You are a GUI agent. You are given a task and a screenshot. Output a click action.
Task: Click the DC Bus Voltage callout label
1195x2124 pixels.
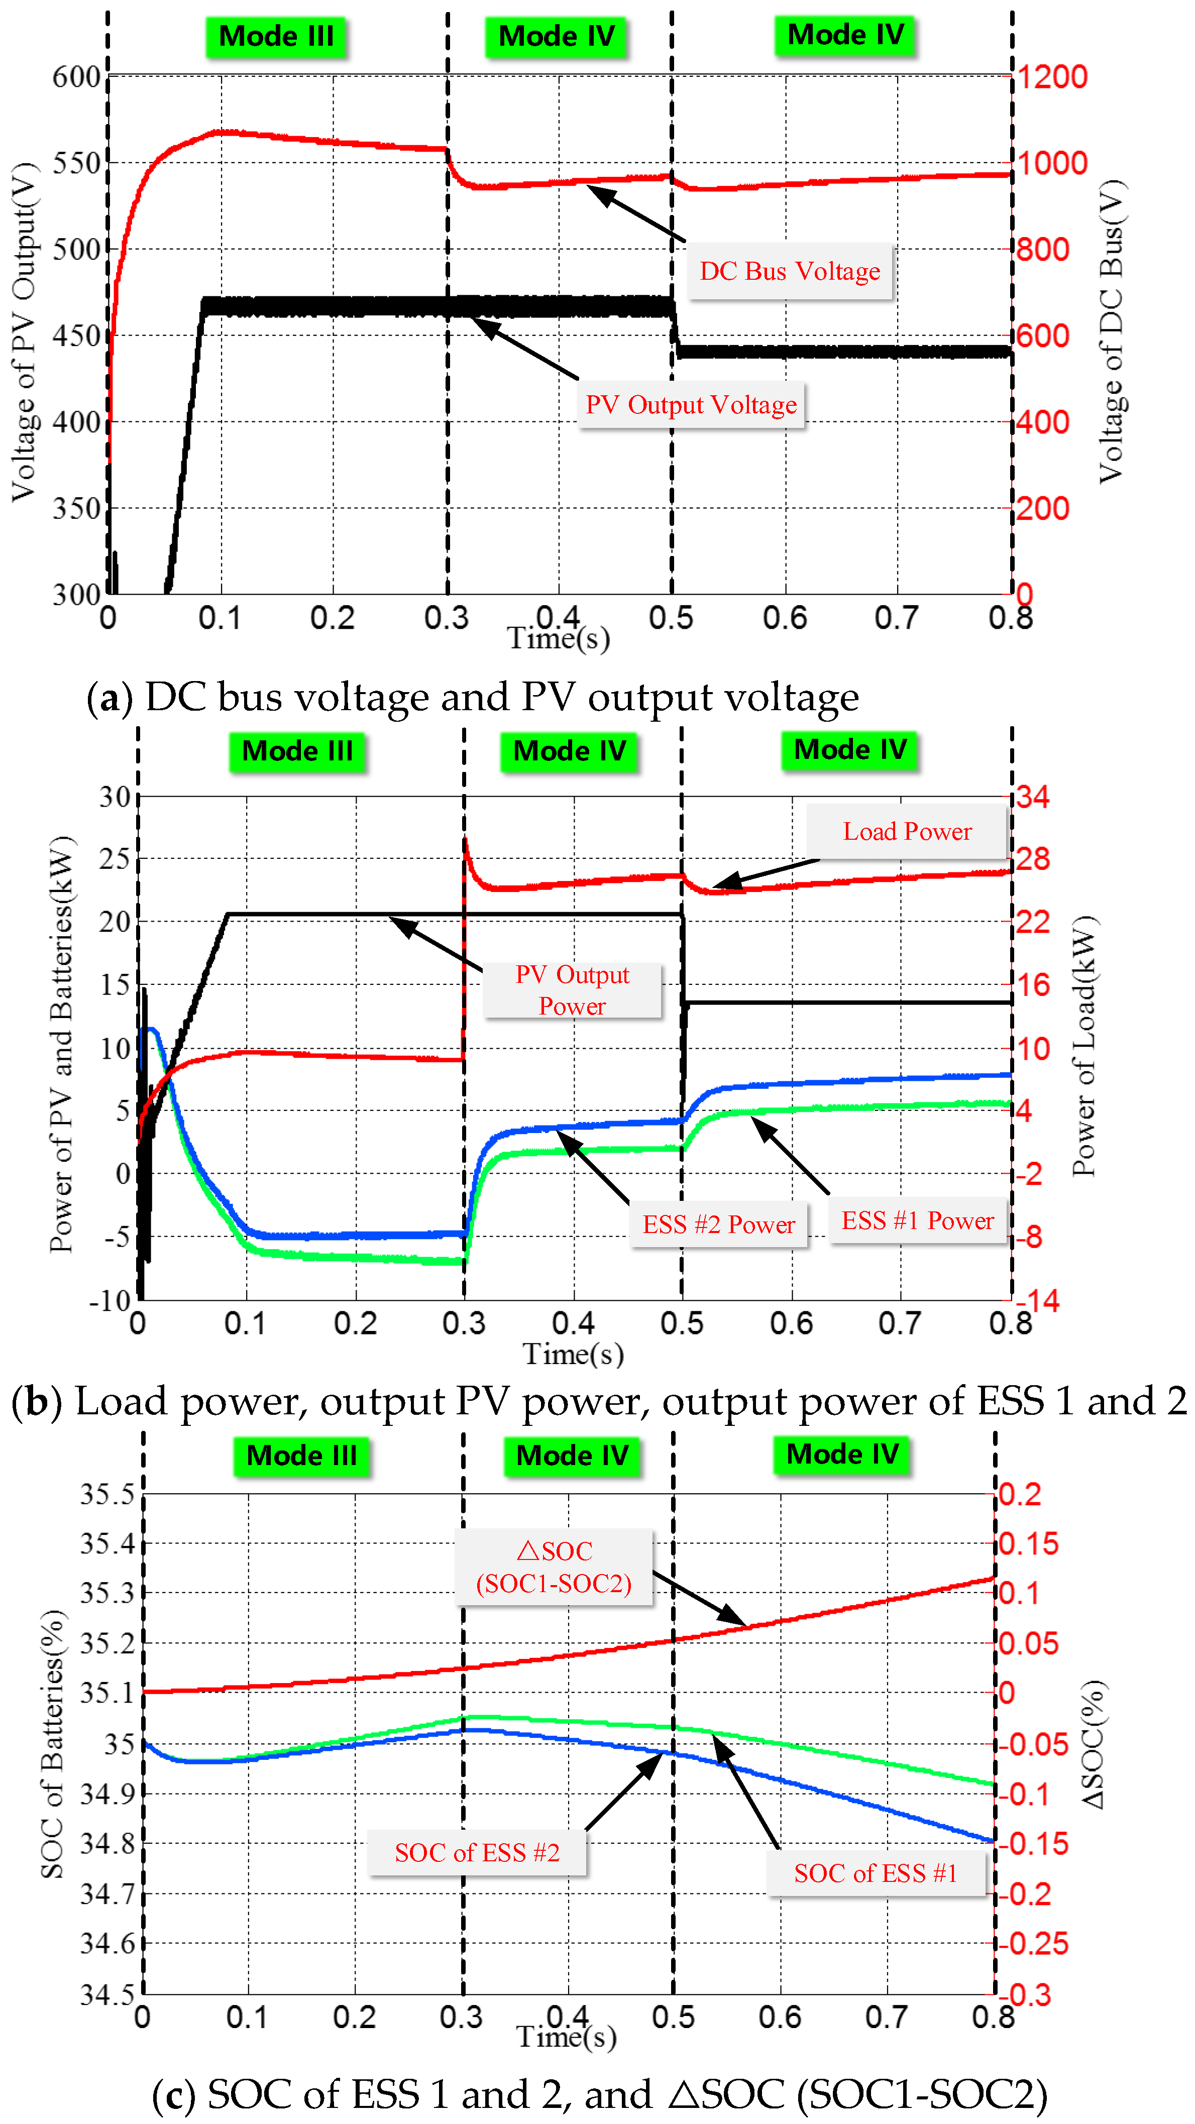789,271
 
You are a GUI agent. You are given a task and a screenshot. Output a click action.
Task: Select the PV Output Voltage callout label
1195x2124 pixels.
690,405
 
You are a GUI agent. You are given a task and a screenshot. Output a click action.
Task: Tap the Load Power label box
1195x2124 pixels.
906,831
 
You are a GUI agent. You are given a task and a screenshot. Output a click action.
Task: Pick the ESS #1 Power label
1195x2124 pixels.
917,1220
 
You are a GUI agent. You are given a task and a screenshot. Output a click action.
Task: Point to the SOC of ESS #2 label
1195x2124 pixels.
477,1853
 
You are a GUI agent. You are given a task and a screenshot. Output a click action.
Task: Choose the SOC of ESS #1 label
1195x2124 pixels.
875,1873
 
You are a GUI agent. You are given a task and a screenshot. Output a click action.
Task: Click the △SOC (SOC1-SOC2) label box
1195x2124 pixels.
554,1567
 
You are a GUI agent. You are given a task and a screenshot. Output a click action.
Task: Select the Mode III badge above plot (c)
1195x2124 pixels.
302,1456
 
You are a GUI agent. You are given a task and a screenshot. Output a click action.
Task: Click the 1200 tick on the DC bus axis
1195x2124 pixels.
1051,77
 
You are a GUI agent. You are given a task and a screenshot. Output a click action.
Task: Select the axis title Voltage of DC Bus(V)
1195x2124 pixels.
1112,330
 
